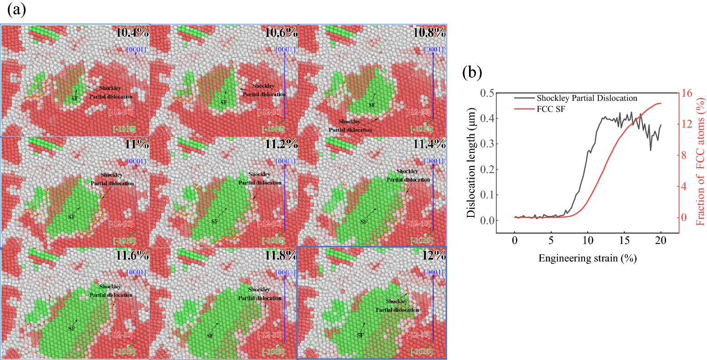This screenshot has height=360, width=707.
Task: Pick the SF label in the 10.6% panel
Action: click(224, 102)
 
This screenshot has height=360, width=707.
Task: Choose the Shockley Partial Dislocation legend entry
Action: click(587, 98)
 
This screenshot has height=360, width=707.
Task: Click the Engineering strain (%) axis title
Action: click(588, 258)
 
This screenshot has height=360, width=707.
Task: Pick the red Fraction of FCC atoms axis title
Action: click(701, 166)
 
